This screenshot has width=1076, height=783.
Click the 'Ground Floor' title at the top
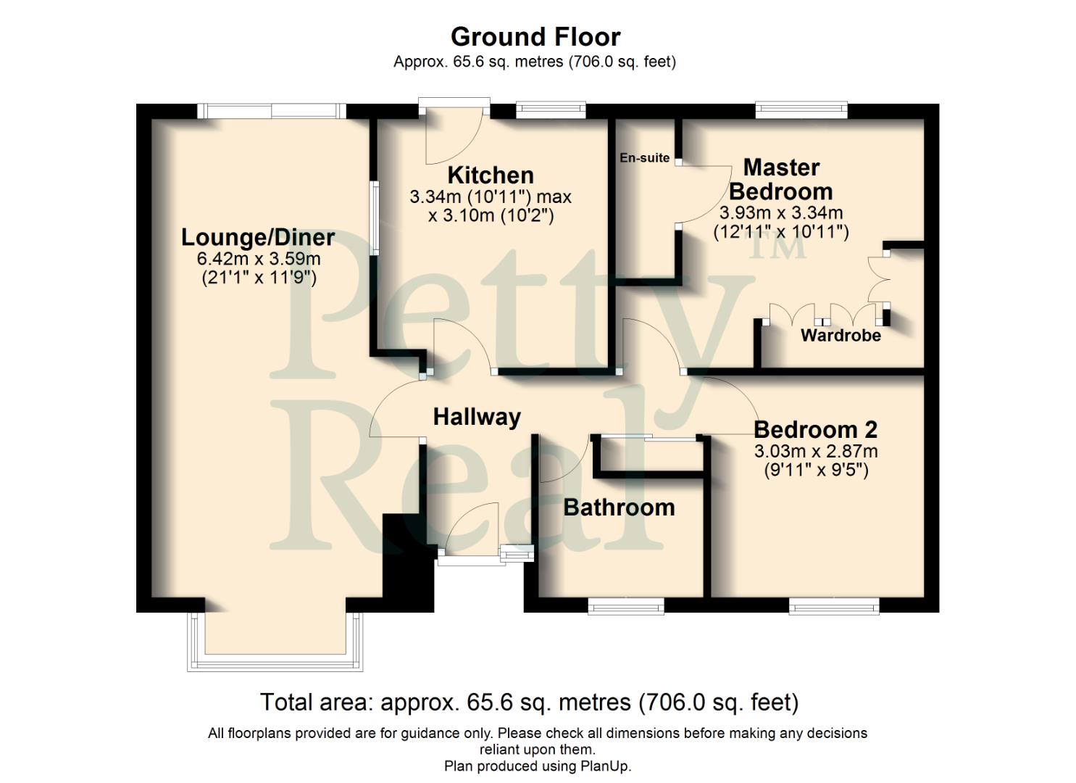click(535, 36)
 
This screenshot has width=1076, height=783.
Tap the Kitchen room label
click(491, 175)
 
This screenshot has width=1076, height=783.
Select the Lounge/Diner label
click(258, 237)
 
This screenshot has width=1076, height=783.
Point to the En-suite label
click(644, 157)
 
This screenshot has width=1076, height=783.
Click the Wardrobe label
click(841, 335)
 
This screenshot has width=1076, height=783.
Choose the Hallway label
click(477, 417)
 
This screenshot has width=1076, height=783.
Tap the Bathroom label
click(619, 507)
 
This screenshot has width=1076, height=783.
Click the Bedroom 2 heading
click(815, 429)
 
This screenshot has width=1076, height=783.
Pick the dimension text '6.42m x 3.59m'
click(259, 259)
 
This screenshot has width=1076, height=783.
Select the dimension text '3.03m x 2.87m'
click(816, 451)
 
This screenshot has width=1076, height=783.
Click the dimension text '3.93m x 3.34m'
click(781, 213)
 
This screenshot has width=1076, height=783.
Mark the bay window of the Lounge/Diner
click(275, 642)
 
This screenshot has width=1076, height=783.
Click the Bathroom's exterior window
click(626, 605)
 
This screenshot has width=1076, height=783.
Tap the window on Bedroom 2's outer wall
click(834, 605)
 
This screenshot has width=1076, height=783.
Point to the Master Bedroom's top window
click(801, 109)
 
